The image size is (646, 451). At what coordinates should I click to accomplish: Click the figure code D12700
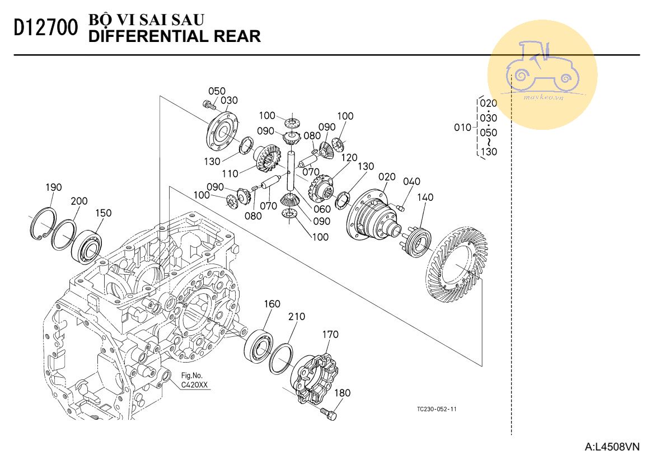[46, 29]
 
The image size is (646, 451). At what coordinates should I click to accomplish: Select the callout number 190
[54, 187]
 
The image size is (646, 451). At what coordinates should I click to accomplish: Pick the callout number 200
[79, 201]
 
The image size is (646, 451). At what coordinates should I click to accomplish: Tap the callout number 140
[425, 198]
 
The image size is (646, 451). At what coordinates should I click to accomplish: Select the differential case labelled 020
[373, 216]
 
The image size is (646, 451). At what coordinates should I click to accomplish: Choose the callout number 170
[330, 335]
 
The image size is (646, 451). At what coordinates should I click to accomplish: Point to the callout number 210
[297, 316]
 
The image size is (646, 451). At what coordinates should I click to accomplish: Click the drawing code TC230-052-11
[436, 409]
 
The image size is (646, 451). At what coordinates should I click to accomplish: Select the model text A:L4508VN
[612, 445]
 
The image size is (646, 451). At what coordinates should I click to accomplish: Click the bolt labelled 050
[209, 105]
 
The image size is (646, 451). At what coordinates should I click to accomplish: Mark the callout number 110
[230, 173]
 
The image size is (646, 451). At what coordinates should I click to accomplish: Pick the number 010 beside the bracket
[462, 128]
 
